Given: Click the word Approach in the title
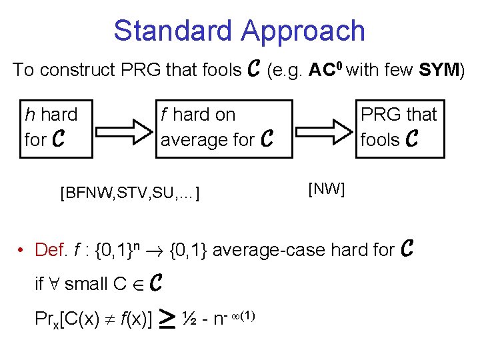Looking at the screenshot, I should pyautogui.click(x=304, y=31).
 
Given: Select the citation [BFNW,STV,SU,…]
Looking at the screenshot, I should pyautogui.click(x=131, y=194).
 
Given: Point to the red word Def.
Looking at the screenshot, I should pyautogui.click(x=51, y=250).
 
